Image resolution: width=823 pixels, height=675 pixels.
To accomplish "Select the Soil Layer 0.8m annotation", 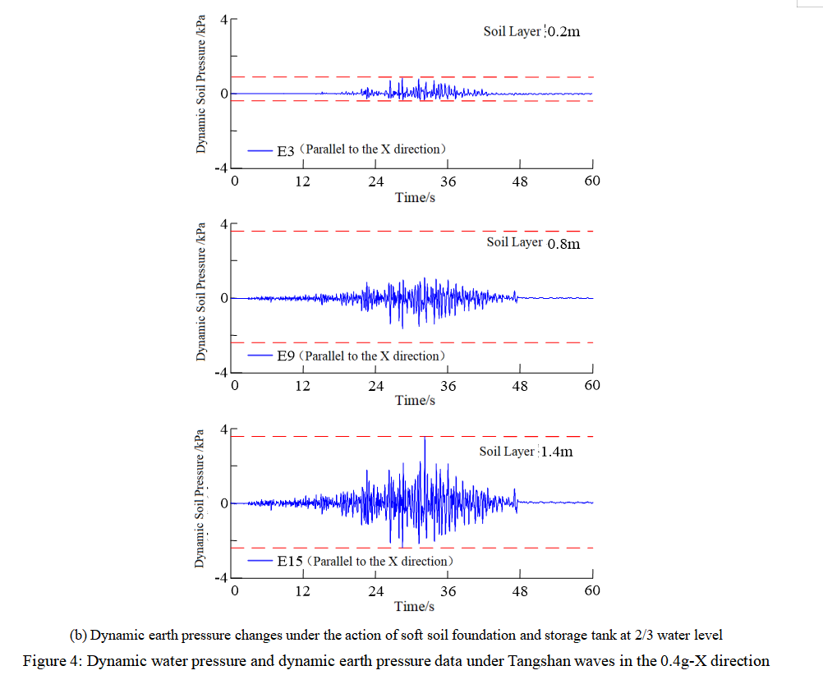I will pos(533,242).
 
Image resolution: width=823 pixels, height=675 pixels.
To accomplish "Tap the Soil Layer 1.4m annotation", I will pos(526,452).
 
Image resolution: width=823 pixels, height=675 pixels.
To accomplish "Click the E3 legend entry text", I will pos(361,150).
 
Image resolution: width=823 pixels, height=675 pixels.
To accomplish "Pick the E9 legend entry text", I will pos(361,356).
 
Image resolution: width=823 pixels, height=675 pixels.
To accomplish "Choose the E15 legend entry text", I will pos(365,562).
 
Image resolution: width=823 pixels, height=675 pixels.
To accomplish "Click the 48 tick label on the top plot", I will pos(520,181).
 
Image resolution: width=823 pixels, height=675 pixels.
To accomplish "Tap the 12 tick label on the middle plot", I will pos(303,386).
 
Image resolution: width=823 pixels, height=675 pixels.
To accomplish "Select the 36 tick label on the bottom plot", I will pos(448,590).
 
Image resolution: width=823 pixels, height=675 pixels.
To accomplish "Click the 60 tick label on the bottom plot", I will pos(592,590).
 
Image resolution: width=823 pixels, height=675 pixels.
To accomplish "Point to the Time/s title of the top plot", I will pos(415,197).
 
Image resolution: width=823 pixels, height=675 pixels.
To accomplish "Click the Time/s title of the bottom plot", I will pos(415,606).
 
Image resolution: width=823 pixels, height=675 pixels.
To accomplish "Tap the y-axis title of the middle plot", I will pos(200,293).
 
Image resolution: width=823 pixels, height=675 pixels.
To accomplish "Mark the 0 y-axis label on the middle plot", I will pos(224,298).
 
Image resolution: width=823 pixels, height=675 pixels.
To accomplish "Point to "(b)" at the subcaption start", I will pos(78,635).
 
